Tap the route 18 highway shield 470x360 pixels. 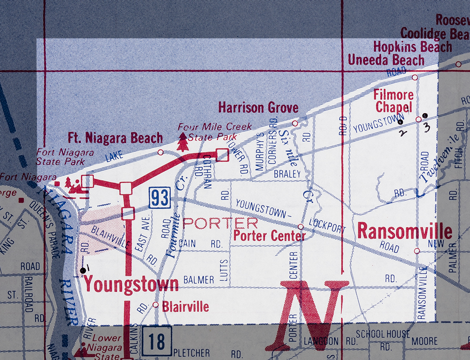tap(157, 341)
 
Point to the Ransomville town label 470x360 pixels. tap(405, 231)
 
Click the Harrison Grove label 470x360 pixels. tap(258, 108)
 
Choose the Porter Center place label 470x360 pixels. tap(269, 236)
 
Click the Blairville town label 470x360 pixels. tap(185, 306)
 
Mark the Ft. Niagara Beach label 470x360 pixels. tap(115, 138)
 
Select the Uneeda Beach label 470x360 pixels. tap(386, 60)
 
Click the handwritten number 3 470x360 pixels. tap(427, 127)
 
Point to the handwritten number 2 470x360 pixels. tap(403, 132)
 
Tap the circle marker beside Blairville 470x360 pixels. tap(155, 304)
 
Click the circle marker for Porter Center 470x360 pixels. tap(300, 227)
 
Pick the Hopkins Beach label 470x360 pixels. tap(412, 47)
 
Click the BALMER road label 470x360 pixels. tap(199, 280)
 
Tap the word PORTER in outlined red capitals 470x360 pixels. tap(220, 223)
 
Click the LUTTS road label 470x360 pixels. tap(224, 270)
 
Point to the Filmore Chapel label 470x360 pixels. tap(393, 101)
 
